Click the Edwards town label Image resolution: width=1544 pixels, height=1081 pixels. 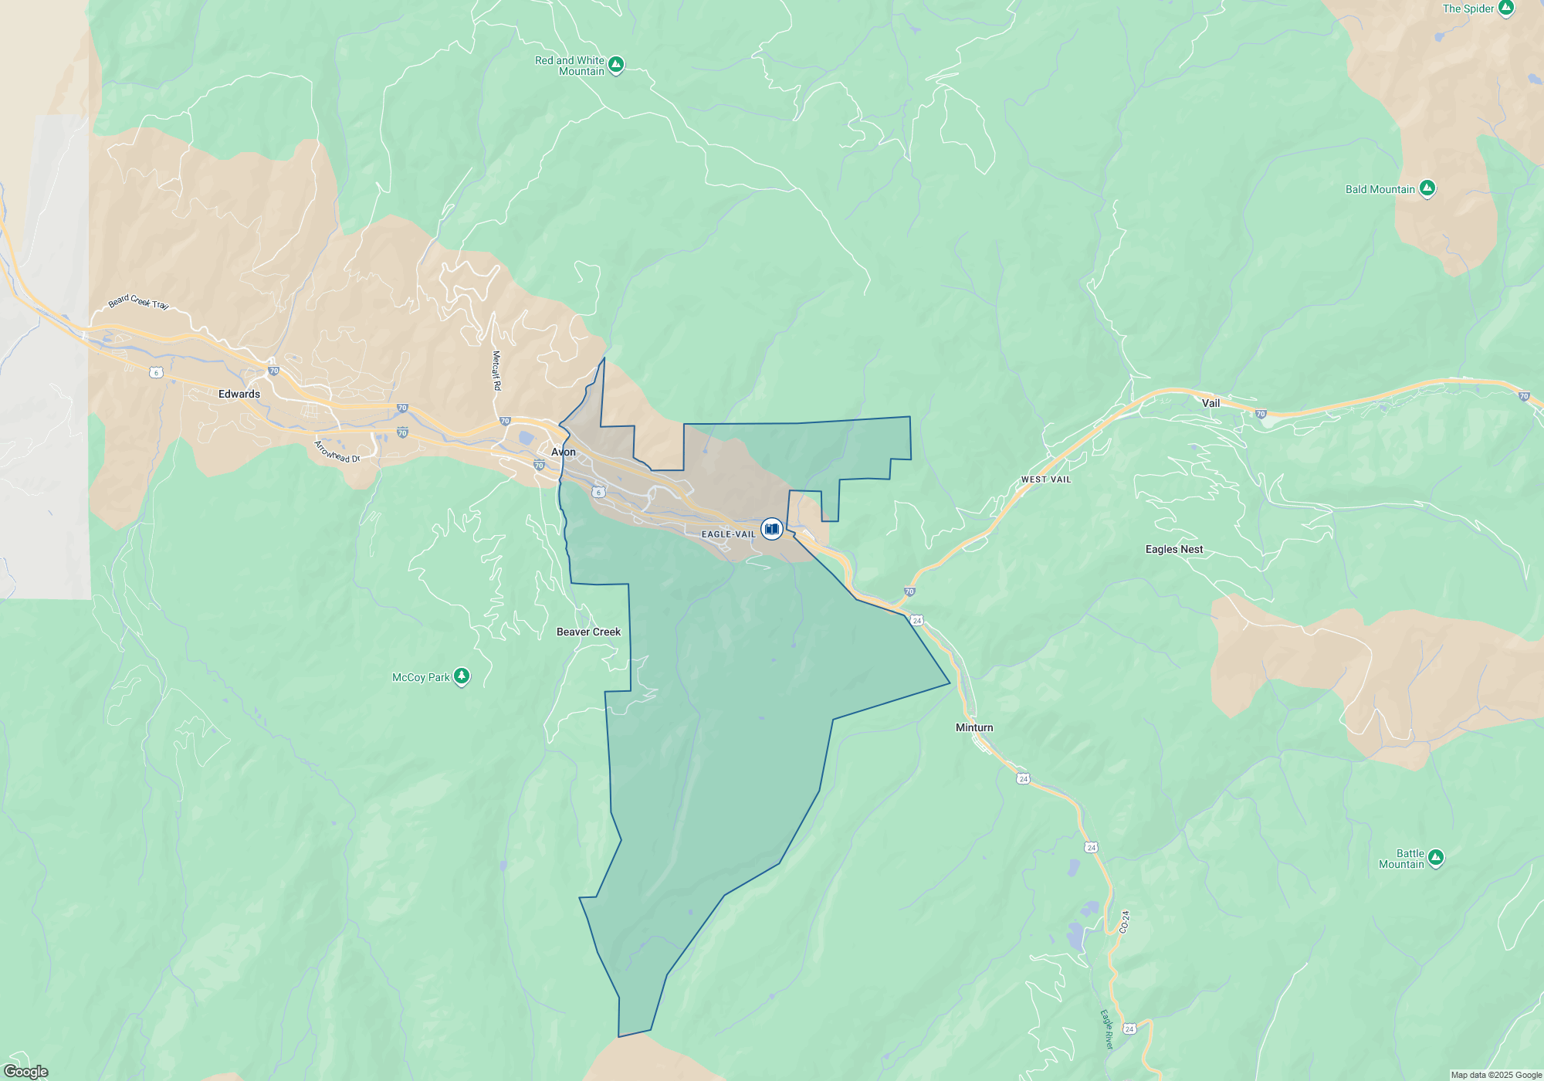pyautogui.click(x=239, y=394)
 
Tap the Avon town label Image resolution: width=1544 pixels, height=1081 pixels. pyautogui.click(x=564, y=452)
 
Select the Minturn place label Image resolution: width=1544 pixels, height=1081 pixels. pyautogui.click(x=974, y=727)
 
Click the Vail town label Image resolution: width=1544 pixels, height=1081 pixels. pyautogui.click(x=1210, y=403)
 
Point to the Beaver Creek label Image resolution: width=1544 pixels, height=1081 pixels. pyautogui.click(x=588, y=632)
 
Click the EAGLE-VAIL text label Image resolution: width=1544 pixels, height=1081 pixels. pyautogui.click(x=728, y=534)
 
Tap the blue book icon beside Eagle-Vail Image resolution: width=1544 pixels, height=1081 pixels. pyautogui.click(x=771, y=529)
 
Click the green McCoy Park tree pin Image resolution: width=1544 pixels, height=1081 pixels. pyautogui.click(x=462, y=676)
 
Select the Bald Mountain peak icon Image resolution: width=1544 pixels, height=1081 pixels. pyautogui.click(x=1427, y=188)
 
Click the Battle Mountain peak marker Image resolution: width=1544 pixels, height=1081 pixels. pyautogui.click(x=1436, y=858)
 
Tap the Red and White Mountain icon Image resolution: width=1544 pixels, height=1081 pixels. pyautogui.click(x=616, y=65)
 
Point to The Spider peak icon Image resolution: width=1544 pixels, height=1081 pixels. pyautogui.click(x=1506, y=8)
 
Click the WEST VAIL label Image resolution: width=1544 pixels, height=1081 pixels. pyautogui.click(x=1046, y=480)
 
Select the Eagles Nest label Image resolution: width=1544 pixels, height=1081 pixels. pyautogui.click(x=1174, y=549)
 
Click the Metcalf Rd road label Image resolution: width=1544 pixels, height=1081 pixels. pyautogui.click(x=496, y=371)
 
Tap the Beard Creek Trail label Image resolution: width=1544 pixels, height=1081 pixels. pyautogui.click(x=138, y=301)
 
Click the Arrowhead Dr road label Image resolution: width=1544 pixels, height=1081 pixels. pyautogui.click(x=337, y=452)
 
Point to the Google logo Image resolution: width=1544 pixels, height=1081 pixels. pyautogui.click(x=26, y=1072)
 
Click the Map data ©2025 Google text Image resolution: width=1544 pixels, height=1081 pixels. pyautogui.click(x=1496, y=1075)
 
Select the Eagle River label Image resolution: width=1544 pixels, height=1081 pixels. pyautogui.click(x=1107, y=1029)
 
